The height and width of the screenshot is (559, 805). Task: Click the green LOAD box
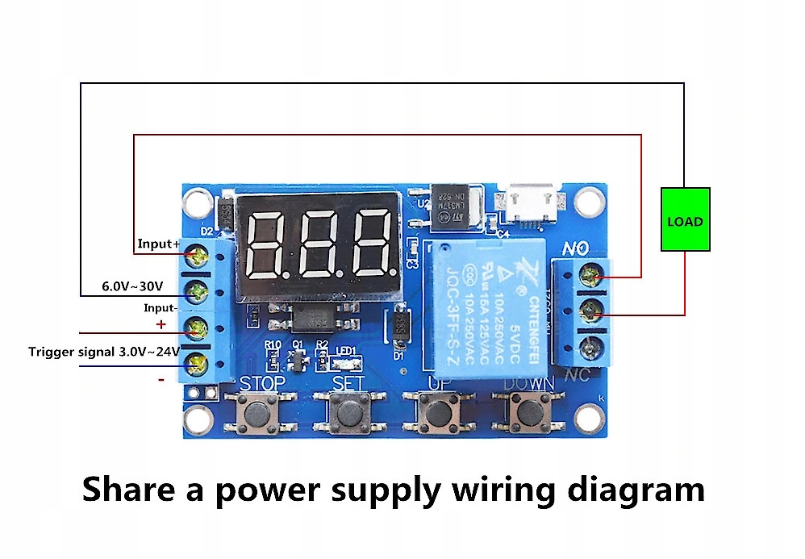[x=685, y=219]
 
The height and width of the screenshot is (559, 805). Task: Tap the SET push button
[x=348, y=412]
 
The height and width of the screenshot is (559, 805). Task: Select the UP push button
[x=438, y=412]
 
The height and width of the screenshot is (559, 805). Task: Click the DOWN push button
[x=528, y=412]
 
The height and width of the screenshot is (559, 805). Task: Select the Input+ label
[x=158, y=244]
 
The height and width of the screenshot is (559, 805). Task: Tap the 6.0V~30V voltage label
[x=132, y=286]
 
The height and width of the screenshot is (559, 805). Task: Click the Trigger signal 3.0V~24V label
[x=104, y=352]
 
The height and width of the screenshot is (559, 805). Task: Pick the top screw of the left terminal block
[x=195, y=257]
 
